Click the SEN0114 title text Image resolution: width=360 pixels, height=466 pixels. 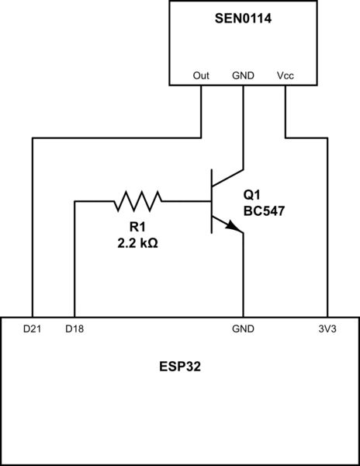(243, 15)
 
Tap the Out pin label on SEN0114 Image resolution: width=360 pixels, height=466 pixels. (202, 76)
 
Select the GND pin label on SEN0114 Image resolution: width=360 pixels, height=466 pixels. (244, 76)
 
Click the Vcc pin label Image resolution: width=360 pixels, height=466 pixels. (286, 76)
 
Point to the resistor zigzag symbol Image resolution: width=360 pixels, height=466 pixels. (138, 202)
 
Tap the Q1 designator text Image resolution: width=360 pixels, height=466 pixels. (253, 194)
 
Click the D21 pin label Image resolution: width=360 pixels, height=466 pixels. (33, 329)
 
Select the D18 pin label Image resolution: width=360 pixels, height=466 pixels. (75, 329)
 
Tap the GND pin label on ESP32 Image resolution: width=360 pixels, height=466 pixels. (244, 329)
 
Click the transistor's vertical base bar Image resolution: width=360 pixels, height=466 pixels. (213, 202)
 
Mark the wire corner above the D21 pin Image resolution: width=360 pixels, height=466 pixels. (33, 139)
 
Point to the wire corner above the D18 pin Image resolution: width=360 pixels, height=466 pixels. (74, 202)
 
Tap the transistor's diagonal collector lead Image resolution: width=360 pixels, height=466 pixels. (229, 179)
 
